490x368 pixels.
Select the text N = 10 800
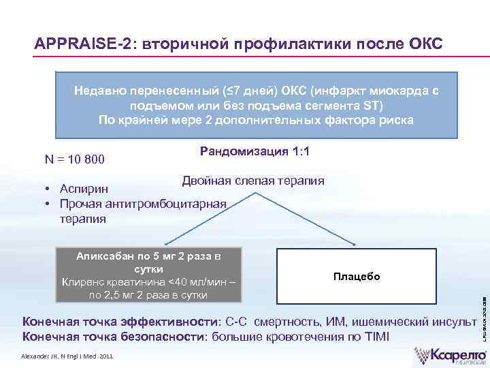tap(75, 159)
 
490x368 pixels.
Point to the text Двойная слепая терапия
tap(252, 181)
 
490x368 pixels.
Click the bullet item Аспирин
tap(82, 188)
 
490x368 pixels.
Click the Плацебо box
tap(356, 276)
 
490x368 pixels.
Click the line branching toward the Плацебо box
tap(306, 218)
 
